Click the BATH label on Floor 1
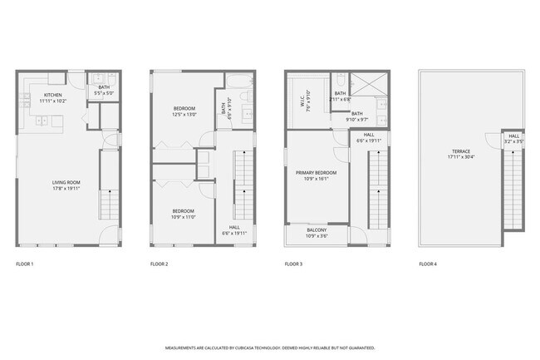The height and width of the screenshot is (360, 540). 104,87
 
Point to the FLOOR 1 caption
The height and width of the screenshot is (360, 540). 26,264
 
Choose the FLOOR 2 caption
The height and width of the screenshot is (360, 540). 160,264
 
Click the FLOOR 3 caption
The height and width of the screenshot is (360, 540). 294,264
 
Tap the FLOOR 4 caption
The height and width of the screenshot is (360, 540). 428,264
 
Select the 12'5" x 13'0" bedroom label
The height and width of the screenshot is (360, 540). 184,115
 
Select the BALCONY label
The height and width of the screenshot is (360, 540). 317,230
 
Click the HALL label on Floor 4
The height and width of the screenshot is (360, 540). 513,136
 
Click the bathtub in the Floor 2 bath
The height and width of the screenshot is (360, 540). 240,81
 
